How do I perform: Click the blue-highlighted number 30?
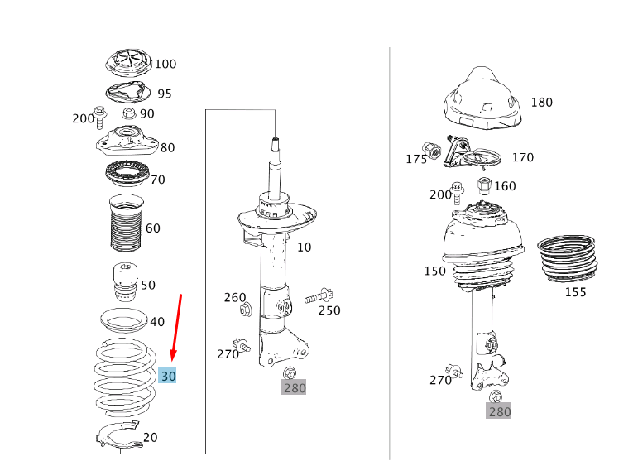168,376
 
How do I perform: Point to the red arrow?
176,328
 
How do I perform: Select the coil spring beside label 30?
125,377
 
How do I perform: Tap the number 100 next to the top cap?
165,64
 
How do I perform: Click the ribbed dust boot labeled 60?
126,223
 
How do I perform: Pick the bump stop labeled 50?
125,282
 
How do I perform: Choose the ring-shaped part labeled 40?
123,320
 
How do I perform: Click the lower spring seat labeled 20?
118,435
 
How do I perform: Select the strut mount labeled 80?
127,142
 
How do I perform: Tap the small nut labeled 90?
129,113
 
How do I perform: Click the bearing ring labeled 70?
127,174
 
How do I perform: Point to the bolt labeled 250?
319,295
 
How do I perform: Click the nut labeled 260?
246,310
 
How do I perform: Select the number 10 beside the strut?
304,247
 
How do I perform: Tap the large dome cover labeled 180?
482,98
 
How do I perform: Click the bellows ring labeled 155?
567,259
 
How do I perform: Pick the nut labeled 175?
431,151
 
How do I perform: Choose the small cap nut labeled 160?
484,186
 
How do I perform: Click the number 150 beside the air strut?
435,271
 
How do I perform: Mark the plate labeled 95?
127,94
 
